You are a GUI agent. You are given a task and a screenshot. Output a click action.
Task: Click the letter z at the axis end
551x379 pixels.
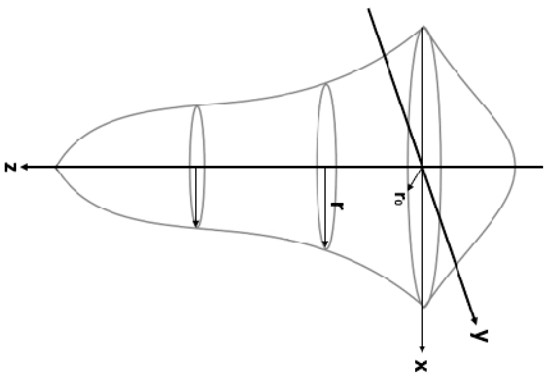pyautogui.click(x=11, y=168)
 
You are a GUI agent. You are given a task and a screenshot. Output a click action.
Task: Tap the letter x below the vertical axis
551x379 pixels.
pyautogui.click(x=422, y=366)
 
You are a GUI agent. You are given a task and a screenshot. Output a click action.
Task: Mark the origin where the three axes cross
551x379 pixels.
pyautogui.click(x=423, y=167)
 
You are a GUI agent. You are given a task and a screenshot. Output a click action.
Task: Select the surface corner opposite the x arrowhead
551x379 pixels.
pyautogui.click(x=423, y=27)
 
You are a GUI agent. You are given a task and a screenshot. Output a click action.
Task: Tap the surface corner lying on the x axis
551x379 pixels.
pyautogui.click(x=423, y=307)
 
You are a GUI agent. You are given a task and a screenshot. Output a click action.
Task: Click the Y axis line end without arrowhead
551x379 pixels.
pyautogui.click(x=369, y=9)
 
